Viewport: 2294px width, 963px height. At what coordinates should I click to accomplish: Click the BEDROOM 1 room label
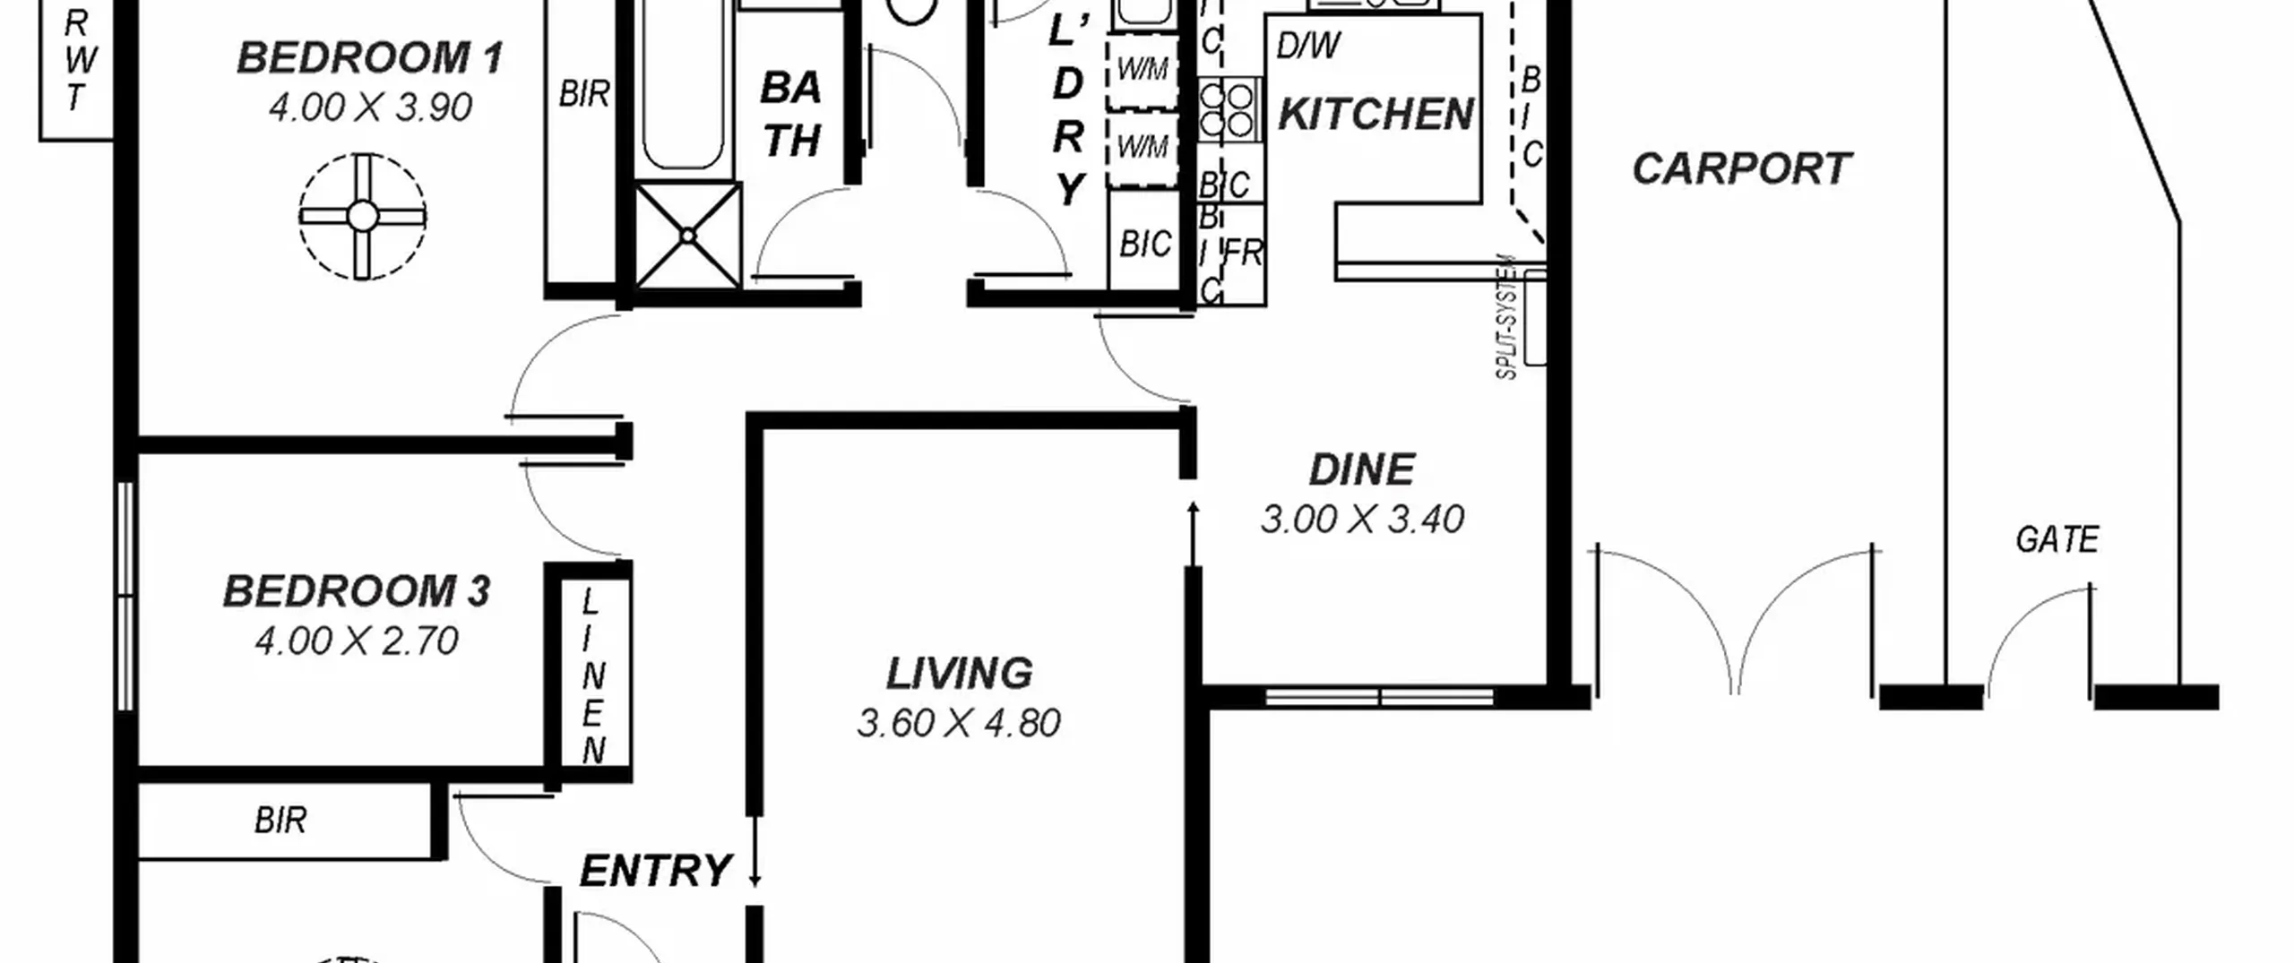[x=369, y=58]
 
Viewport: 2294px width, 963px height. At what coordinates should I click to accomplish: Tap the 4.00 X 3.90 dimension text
[x=370, y=107]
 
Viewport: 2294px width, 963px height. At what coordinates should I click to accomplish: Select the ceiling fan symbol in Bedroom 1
[x=362, y=216]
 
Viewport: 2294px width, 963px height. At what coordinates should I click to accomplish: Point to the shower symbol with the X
[x=688, y=236]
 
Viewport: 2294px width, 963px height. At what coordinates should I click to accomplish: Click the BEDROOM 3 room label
[x=357, y=591]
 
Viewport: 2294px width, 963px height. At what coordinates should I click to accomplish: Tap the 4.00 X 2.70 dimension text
[x=357, y=641]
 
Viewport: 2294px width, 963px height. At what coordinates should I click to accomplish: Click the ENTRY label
[x=656, y=871]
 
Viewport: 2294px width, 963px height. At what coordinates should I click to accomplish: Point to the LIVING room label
[x=959, y=674]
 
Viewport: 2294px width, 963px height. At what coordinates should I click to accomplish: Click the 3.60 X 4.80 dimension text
[x=959, y=723]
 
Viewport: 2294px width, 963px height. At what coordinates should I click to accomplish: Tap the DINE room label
[x=1362, y=469]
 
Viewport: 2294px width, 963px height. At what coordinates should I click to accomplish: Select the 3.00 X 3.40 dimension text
[x=1362, y=519]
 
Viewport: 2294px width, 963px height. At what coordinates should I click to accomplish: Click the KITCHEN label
[x=1376, y=114]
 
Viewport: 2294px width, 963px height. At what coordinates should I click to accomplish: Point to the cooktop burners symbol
[x=1227, y=108]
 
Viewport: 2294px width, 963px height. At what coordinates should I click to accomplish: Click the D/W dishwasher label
[x=1308, y=46]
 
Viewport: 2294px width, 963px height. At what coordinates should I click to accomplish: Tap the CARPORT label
[x=1741, y=168]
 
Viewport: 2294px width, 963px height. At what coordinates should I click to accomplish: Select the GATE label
[x=2057, y=539]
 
